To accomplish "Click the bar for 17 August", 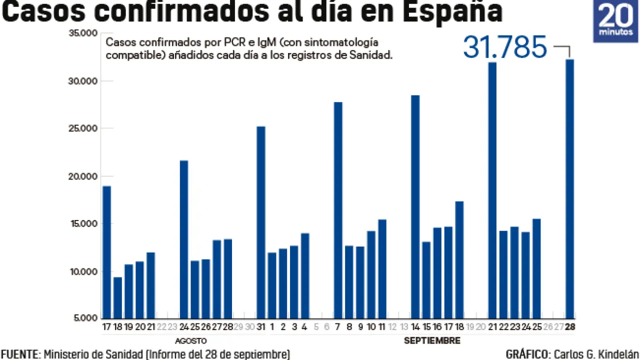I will tap(106, 252).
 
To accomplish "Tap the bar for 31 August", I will tap(261, 222).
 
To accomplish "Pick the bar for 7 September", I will tap(338, 210).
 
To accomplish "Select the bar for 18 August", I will tap(117, 297).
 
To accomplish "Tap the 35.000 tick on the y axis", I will tap(84, 33).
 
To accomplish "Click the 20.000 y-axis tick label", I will tap(84, 176).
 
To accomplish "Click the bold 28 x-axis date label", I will tap(569, 327).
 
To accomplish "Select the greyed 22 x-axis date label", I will tap(161, 327).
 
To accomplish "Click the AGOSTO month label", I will tap(191, 341).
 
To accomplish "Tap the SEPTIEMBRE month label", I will tap(432, 341).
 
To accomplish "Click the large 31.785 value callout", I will tap(505, 47).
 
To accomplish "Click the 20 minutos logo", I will tap(615, 21).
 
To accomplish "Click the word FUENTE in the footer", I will tap(19, 354).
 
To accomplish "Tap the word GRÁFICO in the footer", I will tap(525, 354).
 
